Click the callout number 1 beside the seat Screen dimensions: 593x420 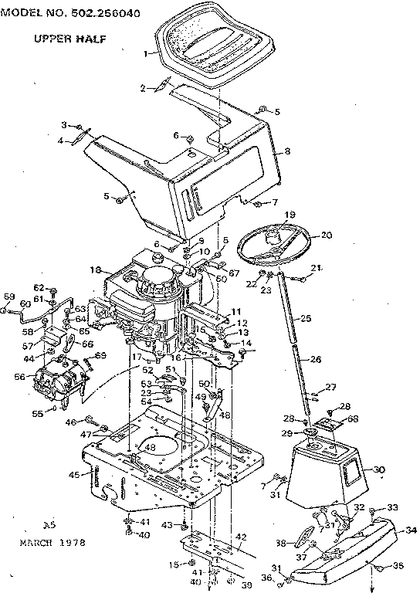click(147, 53)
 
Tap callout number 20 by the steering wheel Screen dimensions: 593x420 click(325, 235)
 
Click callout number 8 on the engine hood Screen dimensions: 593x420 click(286, 151)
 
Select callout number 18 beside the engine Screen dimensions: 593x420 click(96, 270)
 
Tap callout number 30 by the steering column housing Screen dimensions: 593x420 click(378, 469)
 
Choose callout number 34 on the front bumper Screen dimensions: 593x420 click(410, 530)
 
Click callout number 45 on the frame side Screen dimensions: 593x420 click(75, 474)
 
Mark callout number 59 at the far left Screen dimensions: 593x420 click(8, 296)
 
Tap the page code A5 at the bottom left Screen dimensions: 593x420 click(49, 524)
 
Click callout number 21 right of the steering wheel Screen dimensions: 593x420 click(315, 267)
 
